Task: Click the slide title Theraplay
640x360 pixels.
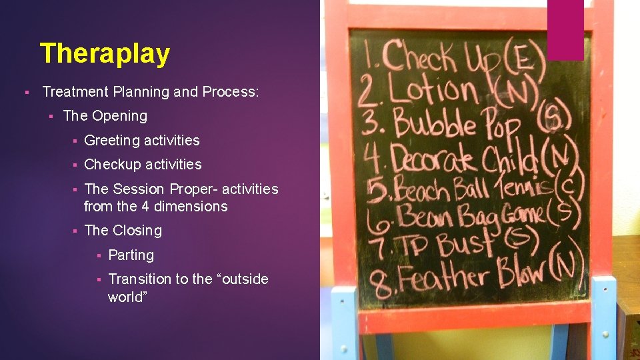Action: pos(105,53)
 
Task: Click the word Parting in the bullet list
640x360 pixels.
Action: pos(131,255)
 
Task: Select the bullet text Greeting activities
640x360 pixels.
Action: pos(142,140)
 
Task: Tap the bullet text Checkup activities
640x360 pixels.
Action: pos(143,164)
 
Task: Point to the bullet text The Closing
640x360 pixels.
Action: pos(123,230)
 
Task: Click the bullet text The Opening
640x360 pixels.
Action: pos(105,115)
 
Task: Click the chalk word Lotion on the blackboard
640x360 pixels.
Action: pos(433,90)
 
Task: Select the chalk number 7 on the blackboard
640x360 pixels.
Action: pos(381,246)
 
